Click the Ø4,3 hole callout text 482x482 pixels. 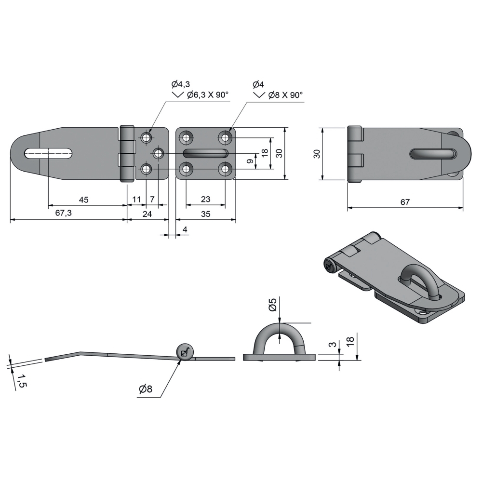tap(180, 84)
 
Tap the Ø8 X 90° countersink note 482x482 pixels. tap(285, 95)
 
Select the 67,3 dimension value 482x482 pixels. tap(63, 213)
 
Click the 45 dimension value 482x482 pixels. tap(83, 200)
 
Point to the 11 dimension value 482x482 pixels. tap(136, 200)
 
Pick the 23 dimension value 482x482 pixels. tap(205, 199)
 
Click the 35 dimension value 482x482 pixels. tap(205, 214)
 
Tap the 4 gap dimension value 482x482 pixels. tap(185, 229)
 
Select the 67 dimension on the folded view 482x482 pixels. tap(405, 202)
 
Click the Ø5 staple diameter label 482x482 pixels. tap(273, 305)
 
